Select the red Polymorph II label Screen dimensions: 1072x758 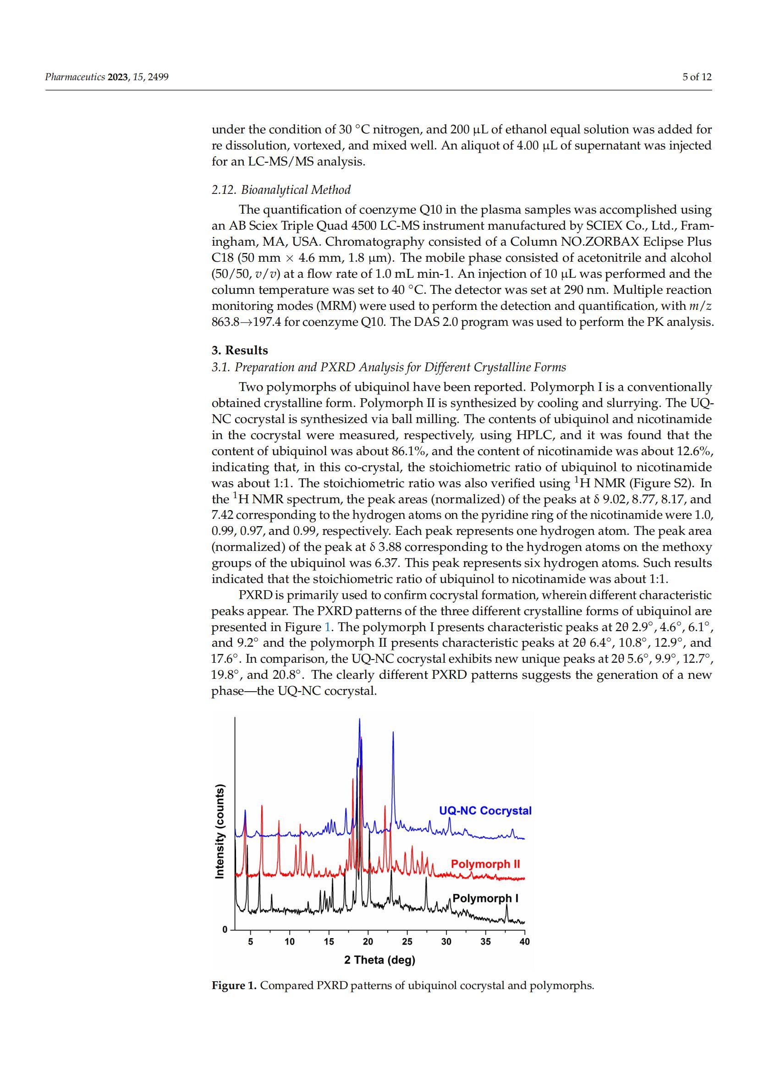[485, 864]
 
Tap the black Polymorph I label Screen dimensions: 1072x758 [485, 898]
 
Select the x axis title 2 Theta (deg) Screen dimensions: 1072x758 [379, 960]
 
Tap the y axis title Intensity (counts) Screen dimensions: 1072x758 [219, 831]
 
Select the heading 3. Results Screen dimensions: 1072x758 [240, 350]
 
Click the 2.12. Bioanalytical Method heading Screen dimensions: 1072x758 [281, 190]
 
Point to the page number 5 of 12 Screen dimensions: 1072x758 [697, 77]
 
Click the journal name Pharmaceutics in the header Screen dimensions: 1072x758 [75, 77]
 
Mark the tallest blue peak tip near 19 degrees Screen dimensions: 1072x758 [359, 720]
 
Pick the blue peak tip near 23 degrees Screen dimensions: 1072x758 [393, 732]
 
